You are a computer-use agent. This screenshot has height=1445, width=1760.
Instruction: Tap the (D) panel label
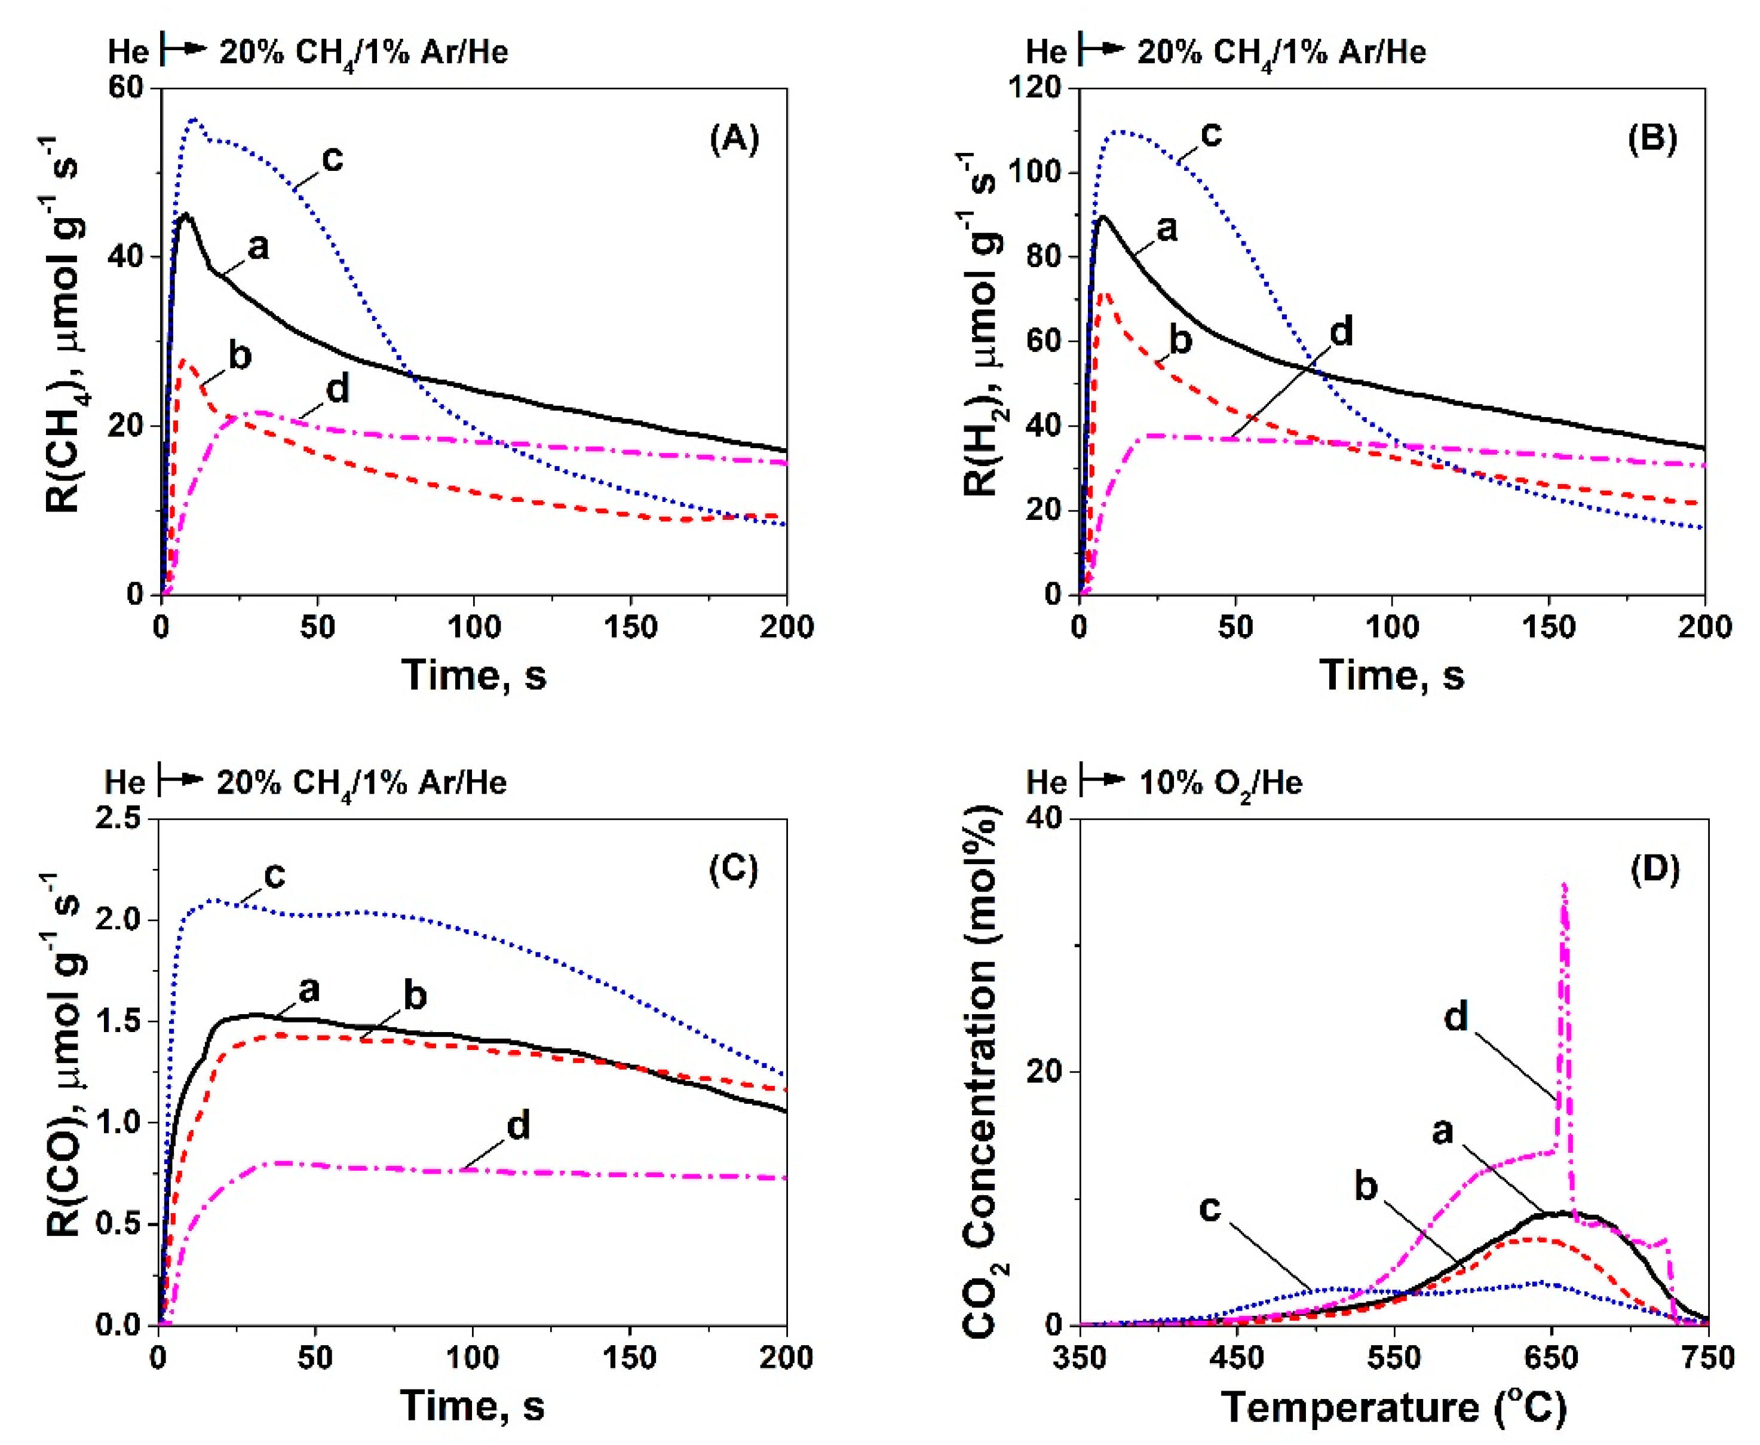[x=1654, y=870]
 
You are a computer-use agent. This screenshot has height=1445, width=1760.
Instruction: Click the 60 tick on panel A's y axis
[x=125, y=88]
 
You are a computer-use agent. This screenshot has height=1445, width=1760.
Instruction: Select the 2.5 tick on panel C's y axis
[x=120, y=819]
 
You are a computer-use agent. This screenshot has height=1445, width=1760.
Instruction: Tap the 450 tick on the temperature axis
[x=1237, y=1358]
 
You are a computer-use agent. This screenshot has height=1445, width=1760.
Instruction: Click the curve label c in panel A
[x=332, y=157]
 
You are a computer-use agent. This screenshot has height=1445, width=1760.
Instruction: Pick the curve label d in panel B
[x=1341, y=331]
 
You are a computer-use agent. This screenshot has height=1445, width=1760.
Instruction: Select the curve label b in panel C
[x=415, y=996]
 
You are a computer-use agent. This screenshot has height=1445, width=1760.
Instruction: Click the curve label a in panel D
[x=1442, y=1131]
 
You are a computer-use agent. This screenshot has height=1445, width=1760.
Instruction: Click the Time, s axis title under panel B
[x=1391, y=674]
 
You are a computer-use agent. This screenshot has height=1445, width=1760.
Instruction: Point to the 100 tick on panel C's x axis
[x=473, y=1358]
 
